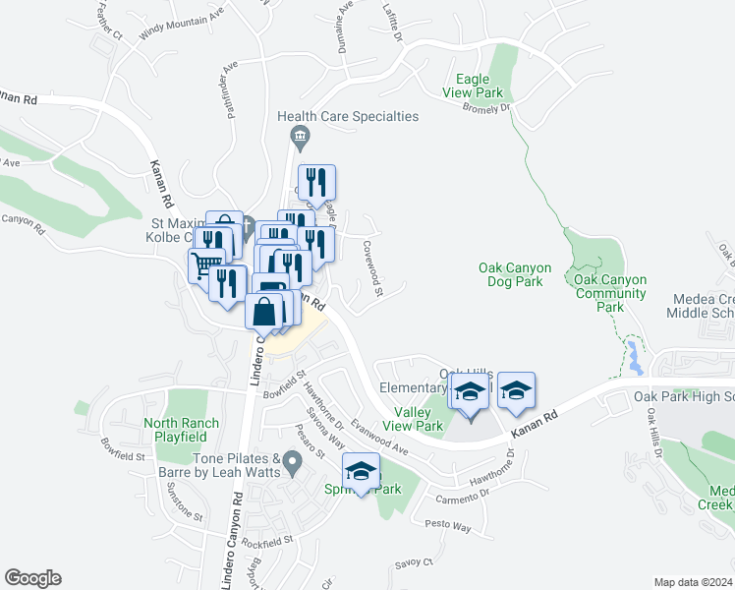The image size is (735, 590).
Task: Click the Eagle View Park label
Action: point(480,86)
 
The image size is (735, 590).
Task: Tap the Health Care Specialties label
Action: point(348,116)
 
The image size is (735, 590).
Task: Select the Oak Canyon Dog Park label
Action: point(514,274)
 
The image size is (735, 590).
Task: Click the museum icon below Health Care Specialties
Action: point(299,135)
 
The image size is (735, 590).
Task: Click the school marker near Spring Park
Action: point(361,471)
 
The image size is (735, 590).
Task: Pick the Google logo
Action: point(32,578)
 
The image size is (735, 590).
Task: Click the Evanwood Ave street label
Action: point(381,439)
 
